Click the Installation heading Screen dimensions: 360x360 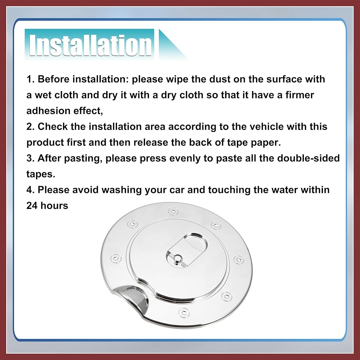pyautogui.click(x=90, y=45)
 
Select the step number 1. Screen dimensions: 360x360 pyautogui.click(x=30, y=79)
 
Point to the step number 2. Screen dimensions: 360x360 pyautogui.click(x=30, y=126)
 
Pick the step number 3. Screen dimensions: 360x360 pyautogui.click(x=30, y=158)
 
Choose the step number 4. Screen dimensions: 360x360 pyautogui.click(x=30, y=190)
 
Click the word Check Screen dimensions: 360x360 pyautogui.click(x=53, y=126)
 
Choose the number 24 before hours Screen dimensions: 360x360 pyautogui.click(x=32, y=206)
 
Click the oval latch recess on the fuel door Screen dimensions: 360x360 pyautogui.click(x=186, y=250)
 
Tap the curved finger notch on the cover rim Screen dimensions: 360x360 pyautogui.click(x=133, y=298)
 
